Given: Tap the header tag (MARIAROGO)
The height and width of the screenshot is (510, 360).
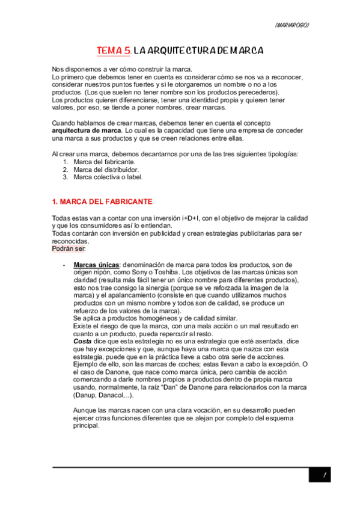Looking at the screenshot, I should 291,25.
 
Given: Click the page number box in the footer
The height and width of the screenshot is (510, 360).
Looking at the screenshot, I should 323,475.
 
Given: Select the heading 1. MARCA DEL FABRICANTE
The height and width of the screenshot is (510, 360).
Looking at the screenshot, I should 102,201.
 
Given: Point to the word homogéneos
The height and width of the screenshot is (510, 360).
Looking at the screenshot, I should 157,318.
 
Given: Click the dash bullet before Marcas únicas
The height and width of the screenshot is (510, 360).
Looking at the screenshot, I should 64,265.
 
